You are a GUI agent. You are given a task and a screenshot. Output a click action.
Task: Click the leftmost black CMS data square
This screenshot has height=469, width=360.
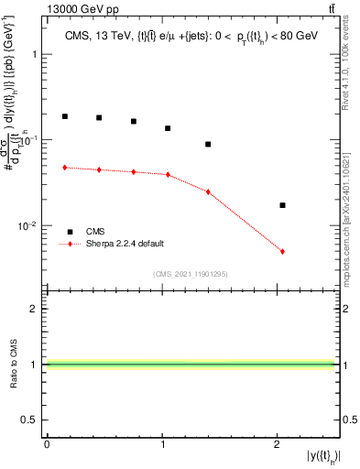(x=65, y=116)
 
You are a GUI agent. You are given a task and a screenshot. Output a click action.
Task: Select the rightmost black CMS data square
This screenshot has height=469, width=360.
(x=282, y=205)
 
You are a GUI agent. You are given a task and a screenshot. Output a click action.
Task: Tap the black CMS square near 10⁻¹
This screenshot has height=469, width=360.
(x=208, y=144)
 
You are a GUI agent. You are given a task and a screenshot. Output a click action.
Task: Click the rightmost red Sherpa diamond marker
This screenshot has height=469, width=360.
(x=282, y=251)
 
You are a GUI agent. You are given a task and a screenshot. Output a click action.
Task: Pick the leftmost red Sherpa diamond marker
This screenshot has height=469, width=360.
(x=65, y=168)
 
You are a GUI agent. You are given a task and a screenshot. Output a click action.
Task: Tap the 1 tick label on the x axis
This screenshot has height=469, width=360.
(x=162, y=443)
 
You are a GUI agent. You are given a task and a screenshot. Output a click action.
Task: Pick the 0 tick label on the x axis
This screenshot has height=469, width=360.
(x=47, y=443)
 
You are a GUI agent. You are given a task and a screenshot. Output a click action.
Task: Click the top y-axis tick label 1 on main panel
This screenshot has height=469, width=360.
(x=38, y=54)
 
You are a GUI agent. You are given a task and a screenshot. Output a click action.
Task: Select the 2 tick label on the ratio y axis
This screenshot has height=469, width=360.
(x=38, y=309)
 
